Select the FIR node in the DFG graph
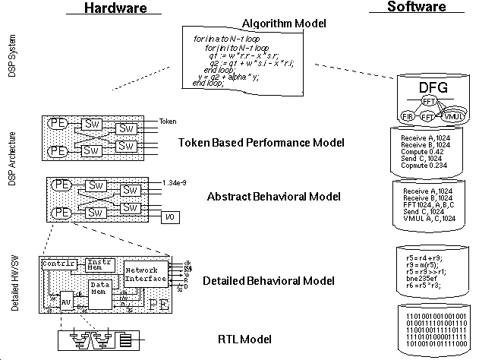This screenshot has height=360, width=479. (410, 115)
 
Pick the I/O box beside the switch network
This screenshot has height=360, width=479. (172, 219)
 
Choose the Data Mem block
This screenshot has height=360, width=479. (100, 291)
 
